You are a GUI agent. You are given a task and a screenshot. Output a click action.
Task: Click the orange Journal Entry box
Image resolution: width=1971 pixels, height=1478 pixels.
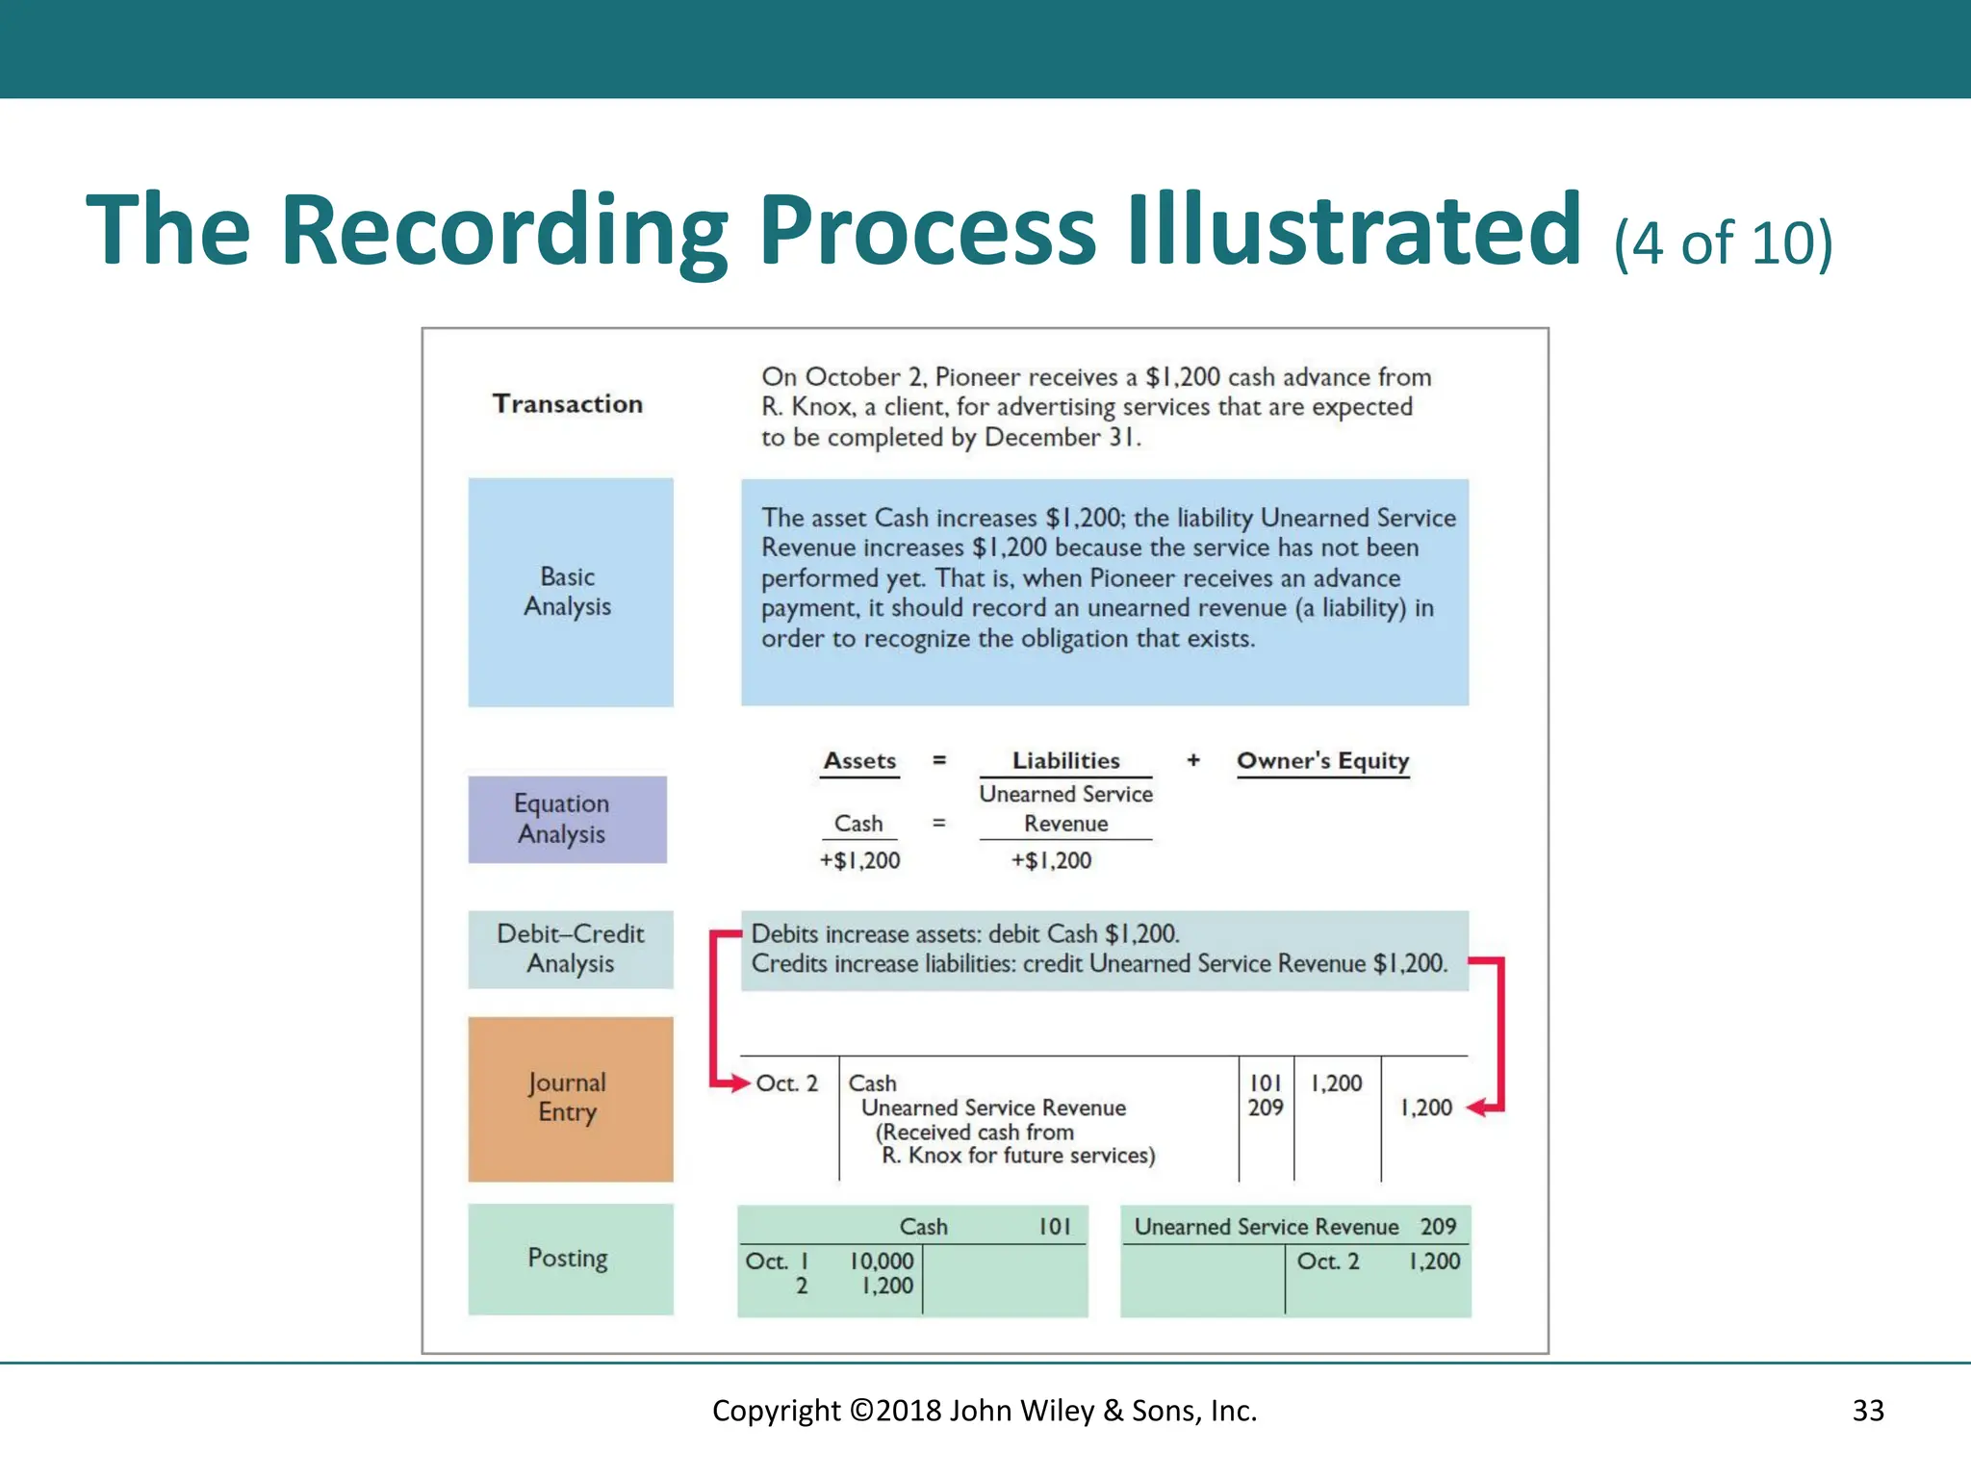570,1098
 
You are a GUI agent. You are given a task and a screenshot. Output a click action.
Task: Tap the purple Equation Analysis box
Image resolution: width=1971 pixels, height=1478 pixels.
567,819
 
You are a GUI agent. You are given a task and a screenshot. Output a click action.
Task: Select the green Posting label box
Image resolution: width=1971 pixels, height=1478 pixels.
570,1259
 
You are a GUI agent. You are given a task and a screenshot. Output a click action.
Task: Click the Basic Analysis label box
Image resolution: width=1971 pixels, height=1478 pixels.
570,592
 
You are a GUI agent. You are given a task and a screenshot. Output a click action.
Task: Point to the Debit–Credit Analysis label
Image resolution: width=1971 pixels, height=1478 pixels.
570,949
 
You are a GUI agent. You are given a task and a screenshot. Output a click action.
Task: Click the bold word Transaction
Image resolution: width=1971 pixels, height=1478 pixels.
568,404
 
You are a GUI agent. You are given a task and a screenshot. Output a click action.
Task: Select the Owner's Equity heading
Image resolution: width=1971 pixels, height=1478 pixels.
1322,761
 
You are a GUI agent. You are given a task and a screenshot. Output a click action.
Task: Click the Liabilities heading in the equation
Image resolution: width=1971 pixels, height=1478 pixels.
1065,761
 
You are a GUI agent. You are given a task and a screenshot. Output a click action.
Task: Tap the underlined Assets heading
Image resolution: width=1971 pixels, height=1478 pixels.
859,761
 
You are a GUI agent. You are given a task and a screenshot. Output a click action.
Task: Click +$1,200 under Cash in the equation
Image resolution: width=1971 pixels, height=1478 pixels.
859,860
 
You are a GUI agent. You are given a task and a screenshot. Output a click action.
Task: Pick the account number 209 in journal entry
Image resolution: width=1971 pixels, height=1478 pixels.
1266,1108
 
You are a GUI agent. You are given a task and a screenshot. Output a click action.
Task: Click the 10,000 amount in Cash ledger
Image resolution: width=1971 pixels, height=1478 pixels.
882,1261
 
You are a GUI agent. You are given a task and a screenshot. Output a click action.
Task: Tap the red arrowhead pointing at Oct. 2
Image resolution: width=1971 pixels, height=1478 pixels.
739,1083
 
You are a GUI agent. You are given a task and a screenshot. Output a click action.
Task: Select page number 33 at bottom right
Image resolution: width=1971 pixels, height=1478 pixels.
1867,1411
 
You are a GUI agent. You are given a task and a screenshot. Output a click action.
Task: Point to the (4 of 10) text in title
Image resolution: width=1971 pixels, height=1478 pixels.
1723,242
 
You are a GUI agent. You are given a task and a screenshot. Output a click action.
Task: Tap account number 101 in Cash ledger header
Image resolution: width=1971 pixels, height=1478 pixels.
1054,1227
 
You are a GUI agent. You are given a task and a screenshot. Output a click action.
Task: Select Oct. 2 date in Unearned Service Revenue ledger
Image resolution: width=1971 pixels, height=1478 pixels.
1328,1261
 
